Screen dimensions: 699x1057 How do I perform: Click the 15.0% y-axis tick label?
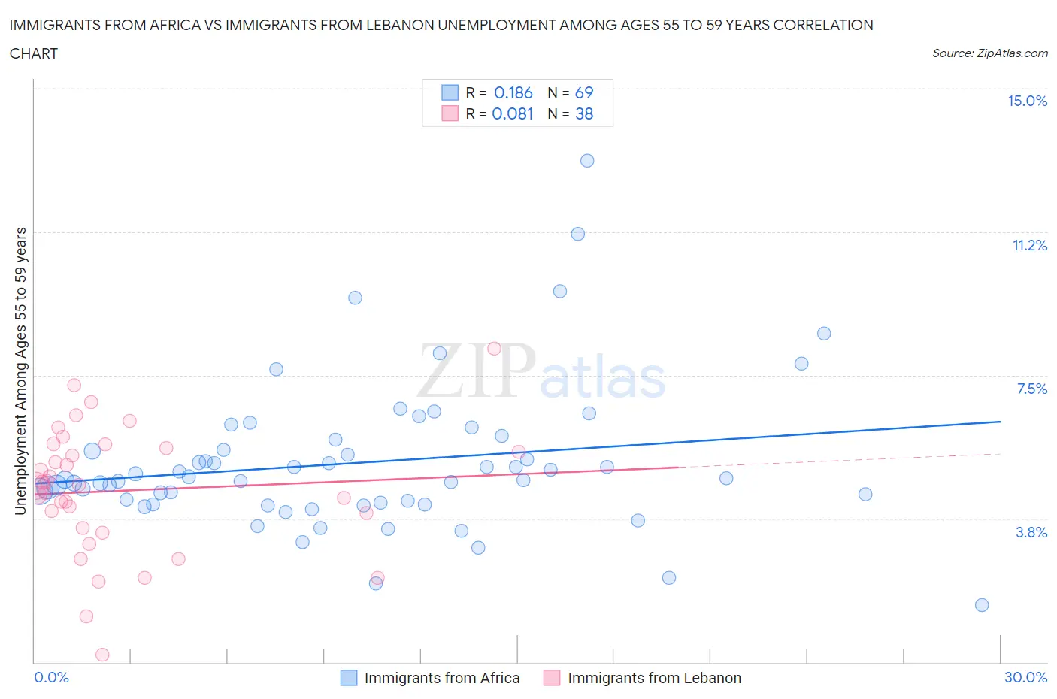pos(1027,101)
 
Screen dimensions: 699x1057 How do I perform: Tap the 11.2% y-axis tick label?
pos(1029,245)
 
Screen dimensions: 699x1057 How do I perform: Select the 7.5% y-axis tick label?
pos(1031,389)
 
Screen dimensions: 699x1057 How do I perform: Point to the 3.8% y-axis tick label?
pos(1031,532)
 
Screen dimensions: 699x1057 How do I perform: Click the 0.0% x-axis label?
pos(52,677)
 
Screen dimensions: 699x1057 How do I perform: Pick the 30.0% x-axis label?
pos(1025,677)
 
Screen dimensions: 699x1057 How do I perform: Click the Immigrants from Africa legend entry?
pos(441,678)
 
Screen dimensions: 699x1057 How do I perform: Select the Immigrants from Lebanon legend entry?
pos(653,678)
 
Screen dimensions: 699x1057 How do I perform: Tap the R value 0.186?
pos(513,92)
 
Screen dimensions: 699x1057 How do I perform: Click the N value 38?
pos(584,113)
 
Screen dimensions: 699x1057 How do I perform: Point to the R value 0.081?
pos(513,113)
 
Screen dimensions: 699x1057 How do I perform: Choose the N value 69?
pos(584,92)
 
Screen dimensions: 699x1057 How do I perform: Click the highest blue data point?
pos(587,160)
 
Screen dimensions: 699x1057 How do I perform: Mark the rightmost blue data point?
pos(982,605)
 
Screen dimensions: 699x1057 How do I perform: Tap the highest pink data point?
pos(494,348)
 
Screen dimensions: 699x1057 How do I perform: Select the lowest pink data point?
pos(102,655)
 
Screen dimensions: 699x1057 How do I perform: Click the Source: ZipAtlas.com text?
pos(989,53)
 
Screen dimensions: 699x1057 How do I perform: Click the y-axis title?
pos(20,371)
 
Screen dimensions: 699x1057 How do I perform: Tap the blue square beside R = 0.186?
pos(450,92)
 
